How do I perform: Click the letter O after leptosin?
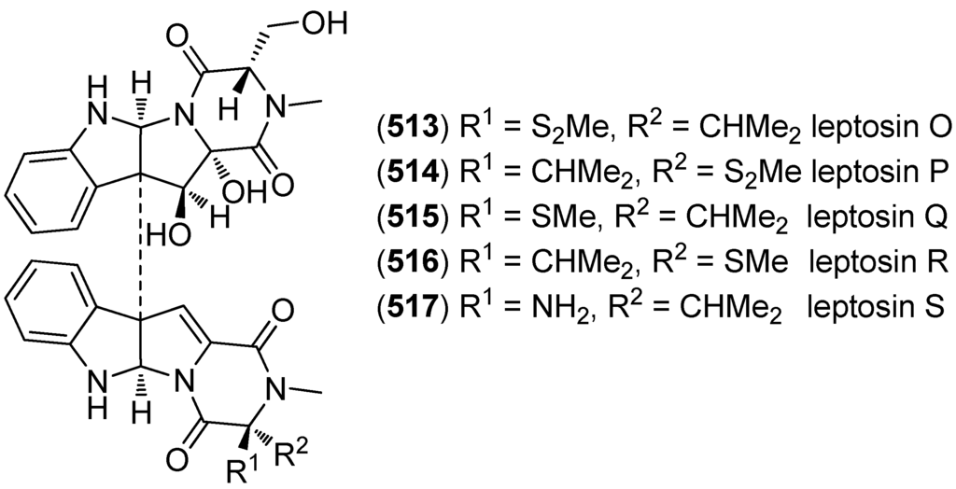pos(935,126)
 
